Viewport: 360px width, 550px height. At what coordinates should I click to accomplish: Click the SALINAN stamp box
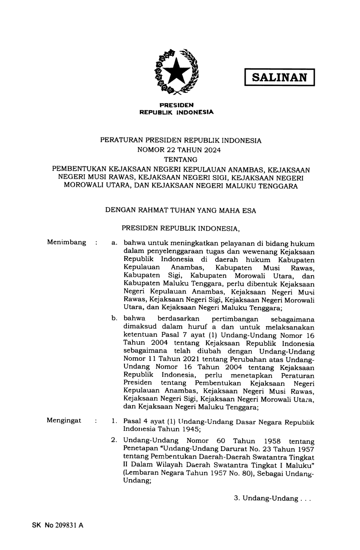point(279,77)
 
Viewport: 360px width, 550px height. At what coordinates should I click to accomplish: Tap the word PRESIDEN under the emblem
point(177,105)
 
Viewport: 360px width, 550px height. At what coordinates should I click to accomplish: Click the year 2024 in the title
point(212,150)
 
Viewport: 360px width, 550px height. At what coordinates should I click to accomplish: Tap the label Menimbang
point(66,242)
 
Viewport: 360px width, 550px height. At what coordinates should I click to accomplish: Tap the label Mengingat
point(64,420)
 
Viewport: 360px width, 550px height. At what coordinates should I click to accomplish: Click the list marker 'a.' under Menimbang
point(114,243)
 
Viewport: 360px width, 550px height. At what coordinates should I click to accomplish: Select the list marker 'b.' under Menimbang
point(114,318)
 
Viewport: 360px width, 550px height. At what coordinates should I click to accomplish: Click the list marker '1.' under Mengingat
point(114,421)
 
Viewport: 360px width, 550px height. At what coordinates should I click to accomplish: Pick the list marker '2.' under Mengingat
point(114,440)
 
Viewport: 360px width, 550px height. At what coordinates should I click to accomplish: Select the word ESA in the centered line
point(249,211)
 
